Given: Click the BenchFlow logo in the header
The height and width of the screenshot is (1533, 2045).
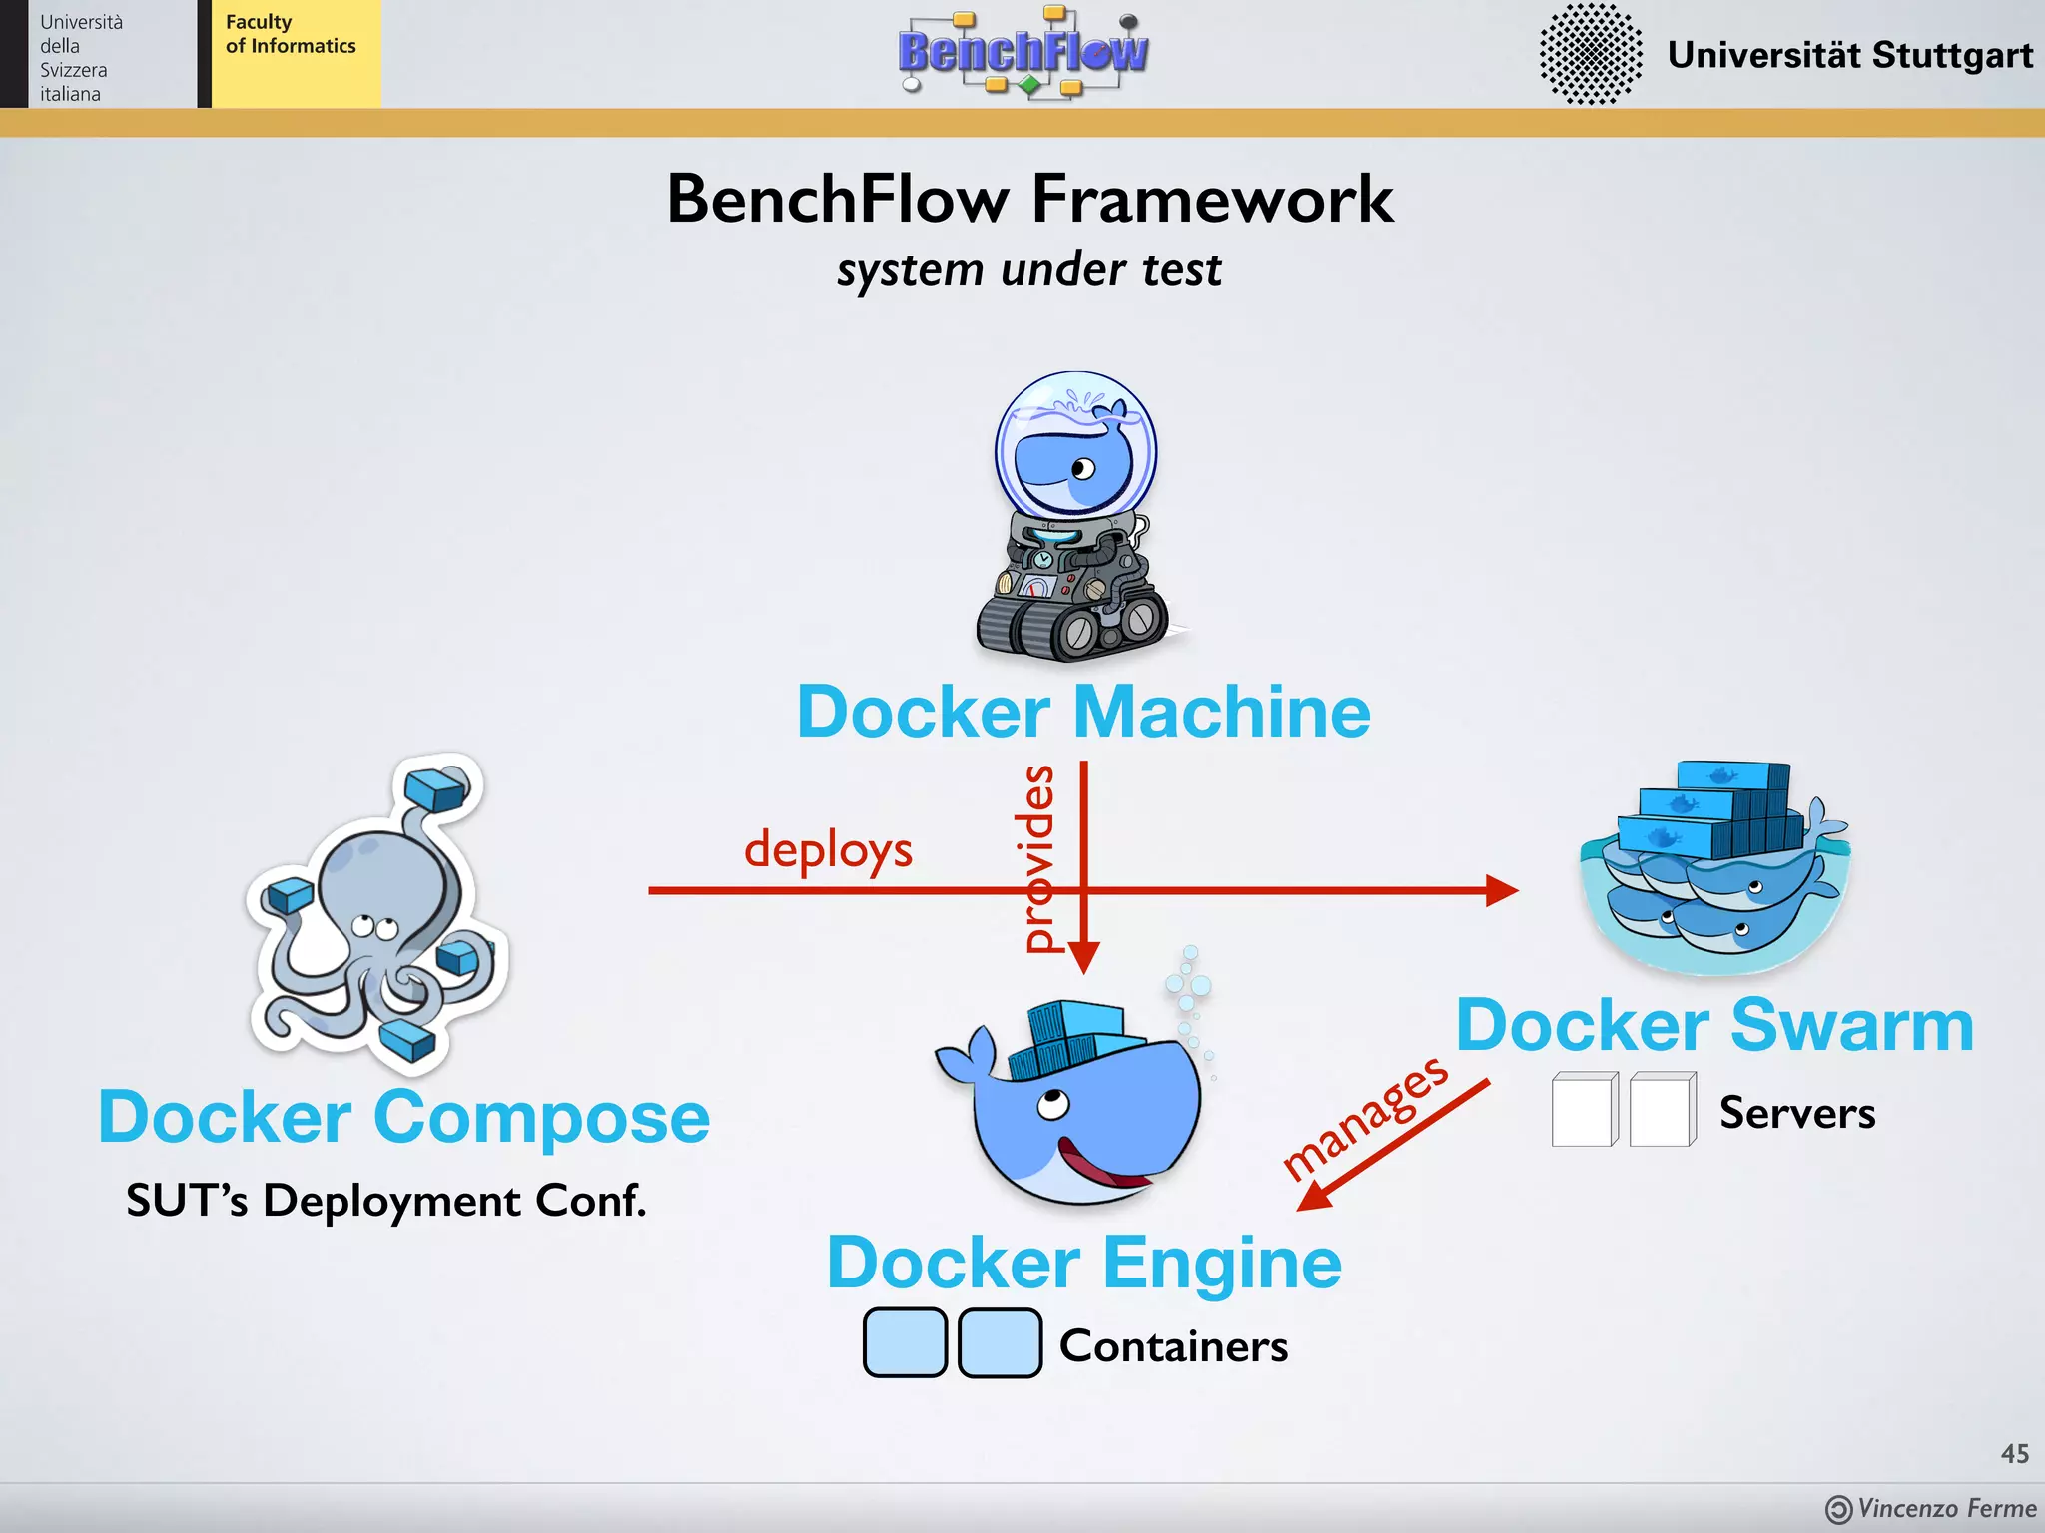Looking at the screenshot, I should point(1022,52).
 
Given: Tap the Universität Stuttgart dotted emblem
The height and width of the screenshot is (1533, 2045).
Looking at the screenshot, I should point(1590,54).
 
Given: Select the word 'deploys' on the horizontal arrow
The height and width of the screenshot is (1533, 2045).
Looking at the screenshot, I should point(828,849).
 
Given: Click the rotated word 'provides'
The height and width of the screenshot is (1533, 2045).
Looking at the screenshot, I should point(1038,858).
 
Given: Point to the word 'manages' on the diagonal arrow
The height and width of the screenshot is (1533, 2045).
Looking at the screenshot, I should point(1366,1118).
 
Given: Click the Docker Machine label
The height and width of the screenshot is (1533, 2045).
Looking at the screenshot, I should point(1083,712).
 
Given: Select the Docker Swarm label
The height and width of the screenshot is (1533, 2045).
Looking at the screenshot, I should point(1714,1025).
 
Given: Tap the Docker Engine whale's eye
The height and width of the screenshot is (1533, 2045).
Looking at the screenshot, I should point(1054,1104).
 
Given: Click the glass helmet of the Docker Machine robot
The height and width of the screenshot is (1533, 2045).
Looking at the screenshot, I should point(1075,444).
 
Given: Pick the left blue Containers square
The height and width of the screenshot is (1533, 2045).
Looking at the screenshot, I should point(905,1343).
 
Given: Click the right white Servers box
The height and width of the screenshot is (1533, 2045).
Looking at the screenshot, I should point(1662,1110).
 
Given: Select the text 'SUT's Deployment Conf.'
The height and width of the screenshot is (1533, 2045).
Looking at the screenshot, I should point(386,1201).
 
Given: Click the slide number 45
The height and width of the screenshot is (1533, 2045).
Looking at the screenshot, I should point(2014,1454).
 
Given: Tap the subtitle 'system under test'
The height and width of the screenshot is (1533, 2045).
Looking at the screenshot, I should point(1028,270).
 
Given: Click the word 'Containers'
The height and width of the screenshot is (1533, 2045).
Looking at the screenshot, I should point(1173,1346).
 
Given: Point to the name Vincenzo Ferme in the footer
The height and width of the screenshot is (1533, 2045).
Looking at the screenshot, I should point(1946,1508).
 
